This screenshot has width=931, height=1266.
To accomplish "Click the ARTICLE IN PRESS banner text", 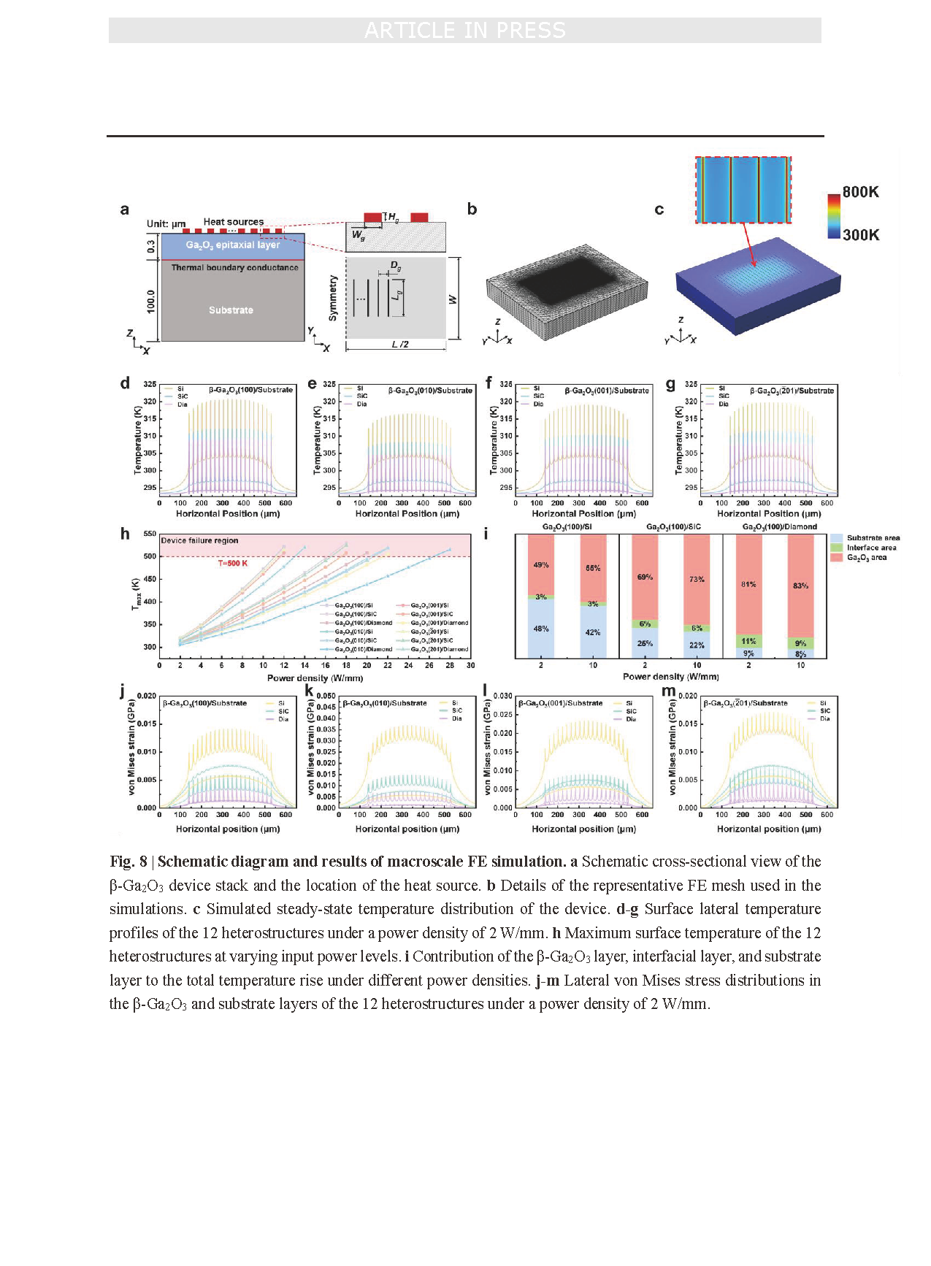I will click(x=465, y=31).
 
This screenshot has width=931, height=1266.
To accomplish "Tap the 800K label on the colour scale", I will click(x=860, y=192).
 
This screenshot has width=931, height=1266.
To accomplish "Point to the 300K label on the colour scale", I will click(x=860, y=234).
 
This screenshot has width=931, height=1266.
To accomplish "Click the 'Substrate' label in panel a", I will click(x=231, y=310).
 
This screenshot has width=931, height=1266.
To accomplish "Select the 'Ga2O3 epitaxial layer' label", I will click(x=232, y=245).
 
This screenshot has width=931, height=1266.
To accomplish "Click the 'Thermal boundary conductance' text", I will click(x=234, y=267).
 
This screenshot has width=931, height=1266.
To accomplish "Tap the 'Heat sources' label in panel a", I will click(x=234, y=222).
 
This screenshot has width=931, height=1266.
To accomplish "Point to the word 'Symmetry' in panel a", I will click(x=333, y=298).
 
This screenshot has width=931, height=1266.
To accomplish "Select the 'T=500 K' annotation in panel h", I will click(x=233, y=564).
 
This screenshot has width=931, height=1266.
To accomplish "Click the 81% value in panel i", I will click(x=748, y=584).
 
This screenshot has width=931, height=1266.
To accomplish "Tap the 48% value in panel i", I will click(x=541, y=629).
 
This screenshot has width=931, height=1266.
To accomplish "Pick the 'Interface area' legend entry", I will click(x=871, y=548).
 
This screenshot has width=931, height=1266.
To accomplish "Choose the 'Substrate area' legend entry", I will click(x=873, y=538).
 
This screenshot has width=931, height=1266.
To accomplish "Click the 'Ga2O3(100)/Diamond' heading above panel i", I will click(x=779, y=526).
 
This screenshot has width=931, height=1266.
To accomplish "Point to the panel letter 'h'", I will click(x=125, y=534).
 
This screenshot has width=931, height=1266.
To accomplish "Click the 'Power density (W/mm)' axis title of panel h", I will click(x=315, y=678).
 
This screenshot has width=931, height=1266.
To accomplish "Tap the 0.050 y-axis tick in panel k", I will click(x=326, y=696).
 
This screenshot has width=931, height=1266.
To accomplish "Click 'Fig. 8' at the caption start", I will click(x=129, y=862).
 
